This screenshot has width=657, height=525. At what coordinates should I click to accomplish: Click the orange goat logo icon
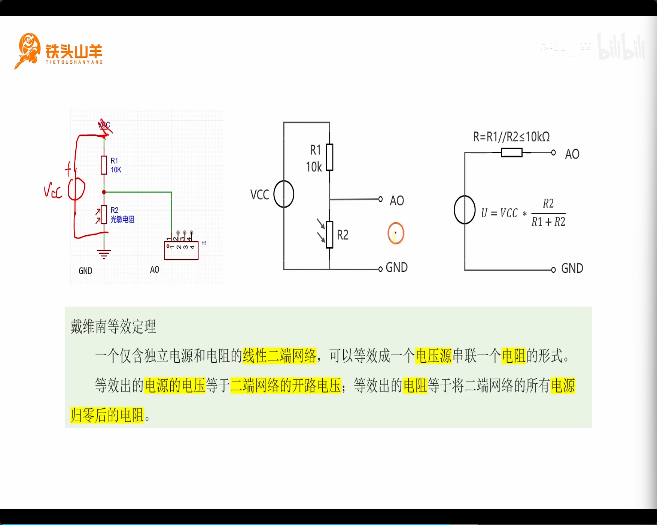28,50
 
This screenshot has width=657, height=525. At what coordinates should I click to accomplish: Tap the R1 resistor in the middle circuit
329,157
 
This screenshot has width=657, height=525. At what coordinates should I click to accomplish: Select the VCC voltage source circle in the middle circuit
284,194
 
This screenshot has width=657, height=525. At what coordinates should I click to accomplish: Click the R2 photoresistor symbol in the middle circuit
329,235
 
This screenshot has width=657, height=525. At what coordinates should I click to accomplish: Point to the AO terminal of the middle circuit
380,199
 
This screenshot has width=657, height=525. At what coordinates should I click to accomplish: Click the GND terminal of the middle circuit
380,269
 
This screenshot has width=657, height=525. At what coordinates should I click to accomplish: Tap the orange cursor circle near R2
396,233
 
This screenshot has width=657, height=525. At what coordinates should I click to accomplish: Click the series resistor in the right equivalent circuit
511,153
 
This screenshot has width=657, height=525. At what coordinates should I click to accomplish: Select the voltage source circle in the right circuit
465,210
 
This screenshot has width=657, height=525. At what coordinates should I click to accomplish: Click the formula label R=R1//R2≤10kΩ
511,137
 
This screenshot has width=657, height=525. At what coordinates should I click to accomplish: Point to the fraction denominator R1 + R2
548,222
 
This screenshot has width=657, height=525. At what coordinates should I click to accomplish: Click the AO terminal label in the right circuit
572,154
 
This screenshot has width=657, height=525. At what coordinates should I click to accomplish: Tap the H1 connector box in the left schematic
181,250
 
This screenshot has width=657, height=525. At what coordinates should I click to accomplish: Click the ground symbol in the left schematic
104,254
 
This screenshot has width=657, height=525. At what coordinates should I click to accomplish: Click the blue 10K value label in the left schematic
116,170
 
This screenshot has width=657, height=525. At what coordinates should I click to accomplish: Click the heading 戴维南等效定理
113,326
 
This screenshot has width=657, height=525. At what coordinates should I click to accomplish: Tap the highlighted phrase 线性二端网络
279,356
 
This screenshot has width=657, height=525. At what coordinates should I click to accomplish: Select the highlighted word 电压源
434,356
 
